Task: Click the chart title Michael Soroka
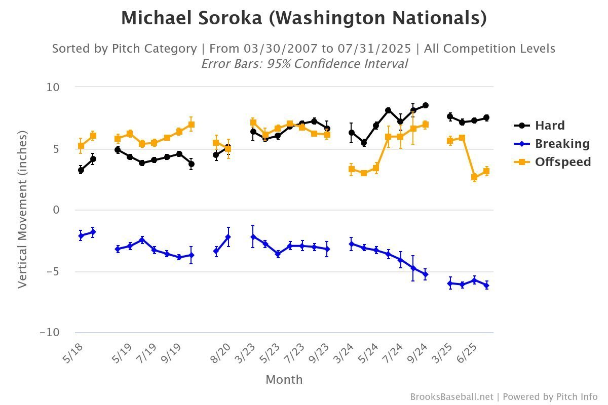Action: (303, 18)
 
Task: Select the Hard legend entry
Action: (549, 126)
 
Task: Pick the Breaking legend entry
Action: (562, 144)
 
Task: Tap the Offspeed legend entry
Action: (562, 162)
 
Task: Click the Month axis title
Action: (284, 379)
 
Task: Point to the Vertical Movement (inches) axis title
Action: (22, 209)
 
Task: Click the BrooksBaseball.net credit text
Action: (451, 397)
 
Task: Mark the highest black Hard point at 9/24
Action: (426, 105)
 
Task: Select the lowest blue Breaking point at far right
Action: (486, 286)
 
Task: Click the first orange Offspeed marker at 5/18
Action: (81, 146)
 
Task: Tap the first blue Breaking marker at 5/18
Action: (81, 236)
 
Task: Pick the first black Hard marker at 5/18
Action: (81, 170)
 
